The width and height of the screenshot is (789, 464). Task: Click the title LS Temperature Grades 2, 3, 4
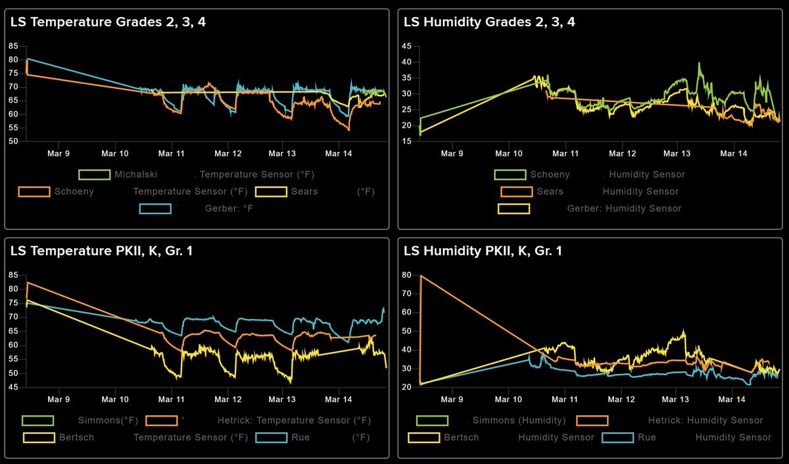coord(108,22)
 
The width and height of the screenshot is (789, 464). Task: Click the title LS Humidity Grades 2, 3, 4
coord(489,22)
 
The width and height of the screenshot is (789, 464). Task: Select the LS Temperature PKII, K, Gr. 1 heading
coord(101,251)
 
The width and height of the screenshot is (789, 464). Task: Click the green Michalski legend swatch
coord(94,175)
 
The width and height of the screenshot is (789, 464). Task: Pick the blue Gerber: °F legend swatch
coord(155,209)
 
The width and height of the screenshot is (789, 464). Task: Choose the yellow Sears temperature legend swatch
coord(271,192)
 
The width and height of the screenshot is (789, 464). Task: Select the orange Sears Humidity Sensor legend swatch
coord(516,192)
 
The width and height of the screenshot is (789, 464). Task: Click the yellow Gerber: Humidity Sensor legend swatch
coord(514,209)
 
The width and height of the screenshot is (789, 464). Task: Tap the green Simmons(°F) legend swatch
coord(37,421)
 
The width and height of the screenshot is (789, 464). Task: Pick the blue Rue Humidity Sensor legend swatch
coord(617,437)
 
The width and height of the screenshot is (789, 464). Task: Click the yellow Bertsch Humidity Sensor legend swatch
coord(424,437)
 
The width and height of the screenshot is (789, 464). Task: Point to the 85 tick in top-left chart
coord(12,46)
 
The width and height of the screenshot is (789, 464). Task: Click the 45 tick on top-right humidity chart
coord(406,46)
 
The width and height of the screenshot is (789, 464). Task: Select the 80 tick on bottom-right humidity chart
coord(406,275)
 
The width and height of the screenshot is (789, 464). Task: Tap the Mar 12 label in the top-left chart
coord(227,153)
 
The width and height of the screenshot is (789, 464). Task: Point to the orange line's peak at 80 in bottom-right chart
coord(421,275)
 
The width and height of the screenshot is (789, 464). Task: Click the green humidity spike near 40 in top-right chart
coord(699,64)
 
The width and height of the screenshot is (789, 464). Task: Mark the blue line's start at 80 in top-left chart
coord(27,59)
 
